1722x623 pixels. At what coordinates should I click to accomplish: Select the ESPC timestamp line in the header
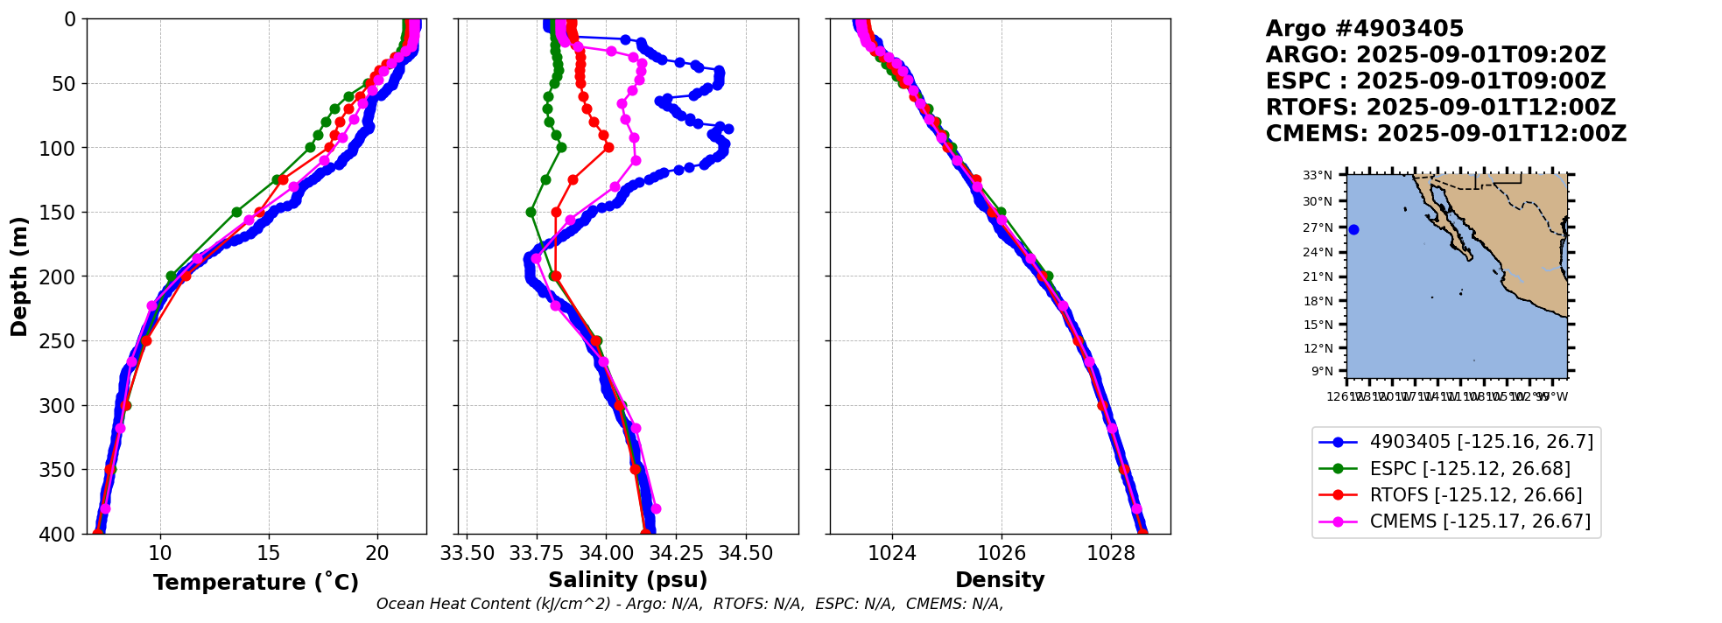(x=1436, y=81)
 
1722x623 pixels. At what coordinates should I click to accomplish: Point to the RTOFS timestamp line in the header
(x=1441, y=108)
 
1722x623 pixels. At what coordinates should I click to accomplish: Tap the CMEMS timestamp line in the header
(x=1446, y=134)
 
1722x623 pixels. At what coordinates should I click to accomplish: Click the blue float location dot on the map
(x=1353, y=229)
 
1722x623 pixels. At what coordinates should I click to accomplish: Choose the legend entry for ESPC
(x=1470, y=468)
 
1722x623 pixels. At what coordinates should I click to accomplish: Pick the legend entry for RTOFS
(x=1476, y=495)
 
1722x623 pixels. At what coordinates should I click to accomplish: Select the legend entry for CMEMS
(x=1480, y=521)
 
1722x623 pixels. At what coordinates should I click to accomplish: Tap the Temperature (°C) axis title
(x=256, y=582)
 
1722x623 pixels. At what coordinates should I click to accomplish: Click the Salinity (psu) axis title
(x=628, y=580)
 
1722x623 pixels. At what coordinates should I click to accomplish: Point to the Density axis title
(x=1000, y=580)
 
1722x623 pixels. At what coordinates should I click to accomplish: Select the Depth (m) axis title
(x=18, y=276)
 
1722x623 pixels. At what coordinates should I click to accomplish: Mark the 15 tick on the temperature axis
(x=269, y=553)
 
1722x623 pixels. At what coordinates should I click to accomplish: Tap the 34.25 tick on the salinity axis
(x=676, y=553)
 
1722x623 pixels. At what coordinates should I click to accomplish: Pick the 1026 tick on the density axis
(x=1002, y=553)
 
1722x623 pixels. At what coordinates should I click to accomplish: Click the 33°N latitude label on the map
(x=1318, y=175)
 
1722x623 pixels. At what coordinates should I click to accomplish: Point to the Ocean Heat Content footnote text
(x=690, y=604)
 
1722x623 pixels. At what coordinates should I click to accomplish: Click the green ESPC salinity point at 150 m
(x=531, y=212)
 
